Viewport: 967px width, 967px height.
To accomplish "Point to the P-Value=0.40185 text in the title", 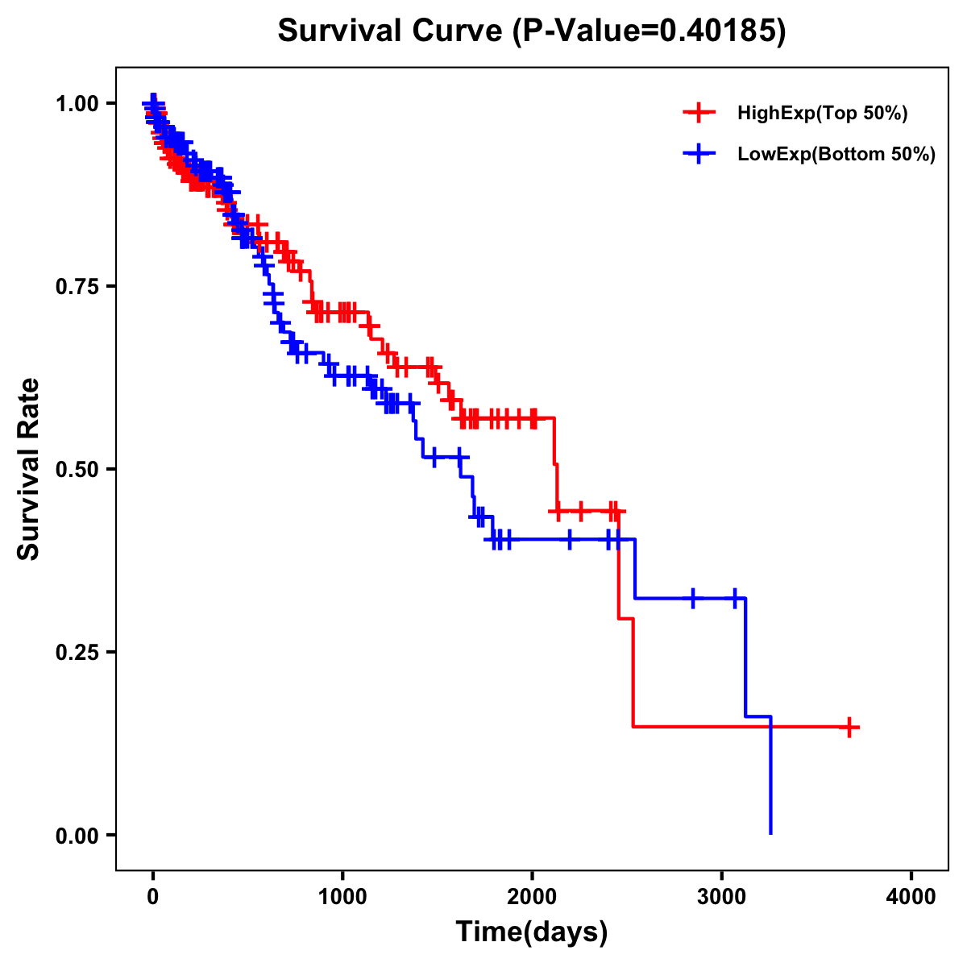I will coord(650,31).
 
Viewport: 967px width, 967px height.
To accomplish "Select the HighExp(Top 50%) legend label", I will coord(823,114).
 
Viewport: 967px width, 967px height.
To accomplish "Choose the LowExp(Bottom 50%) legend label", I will coord(836,154).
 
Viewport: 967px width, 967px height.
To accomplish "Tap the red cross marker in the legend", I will coord(699,113).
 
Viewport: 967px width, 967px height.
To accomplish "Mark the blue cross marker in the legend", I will coord(699,153).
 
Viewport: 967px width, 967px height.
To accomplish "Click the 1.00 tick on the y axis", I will coord(77,103).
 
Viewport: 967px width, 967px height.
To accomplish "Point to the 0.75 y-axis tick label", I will coord(77,286).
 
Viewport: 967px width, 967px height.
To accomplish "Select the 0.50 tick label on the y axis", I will coord(77,469).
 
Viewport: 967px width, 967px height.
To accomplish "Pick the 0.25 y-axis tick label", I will coord(77,652).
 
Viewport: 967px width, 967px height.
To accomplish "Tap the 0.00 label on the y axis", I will coord(77,835).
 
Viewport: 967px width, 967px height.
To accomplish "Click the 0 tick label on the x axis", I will coord(153,897).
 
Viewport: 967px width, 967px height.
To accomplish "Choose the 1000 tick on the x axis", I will coord(342,897).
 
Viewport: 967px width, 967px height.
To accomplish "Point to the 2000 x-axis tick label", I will coord(532,897).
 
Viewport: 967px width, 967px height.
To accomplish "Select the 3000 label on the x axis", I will coord(722,897).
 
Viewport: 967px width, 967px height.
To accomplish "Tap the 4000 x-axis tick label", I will coord(911,897).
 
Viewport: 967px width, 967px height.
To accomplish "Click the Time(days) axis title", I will coord(532,932).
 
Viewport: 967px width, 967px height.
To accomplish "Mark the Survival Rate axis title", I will coord(29,469).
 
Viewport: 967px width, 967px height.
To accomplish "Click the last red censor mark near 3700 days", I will coord(849,727).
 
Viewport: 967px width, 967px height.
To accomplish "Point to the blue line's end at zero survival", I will coord(770,832).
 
